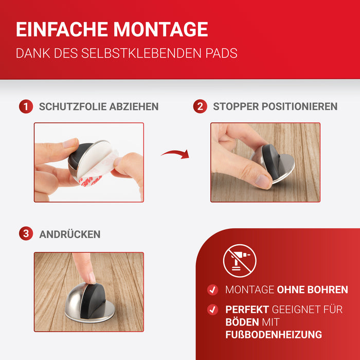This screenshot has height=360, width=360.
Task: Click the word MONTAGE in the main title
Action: (160, 29)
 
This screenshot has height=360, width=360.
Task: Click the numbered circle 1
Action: (26, 106)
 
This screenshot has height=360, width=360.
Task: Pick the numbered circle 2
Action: (200, 106)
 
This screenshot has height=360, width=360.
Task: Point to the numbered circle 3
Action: (26, 233)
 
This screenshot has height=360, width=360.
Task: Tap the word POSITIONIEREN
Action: (299, 106)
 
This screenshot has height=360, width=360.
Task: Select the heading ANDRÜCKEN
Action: (70, 234)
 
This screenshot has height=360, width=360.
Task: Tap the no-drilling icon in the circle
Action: (240, 261)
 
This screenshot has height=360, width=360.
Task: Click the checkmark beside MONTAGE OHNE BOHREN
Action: (212, 290)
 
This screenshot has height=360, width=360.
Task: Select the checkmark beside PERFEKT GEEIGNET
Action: (212, 310)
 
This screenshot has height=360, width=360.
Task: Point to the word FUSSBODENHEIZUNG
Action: (274, 335)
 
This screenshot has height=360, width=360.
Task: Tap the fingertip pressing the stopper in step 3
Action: (91, 279)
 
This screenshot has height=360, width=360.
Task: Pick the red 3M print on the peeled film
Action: (91, 180)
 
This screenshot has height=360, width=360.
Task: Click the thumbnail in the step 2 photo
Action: (264, 180)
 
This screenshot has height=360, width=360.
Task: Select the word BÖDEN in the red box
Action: (242, 322)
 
